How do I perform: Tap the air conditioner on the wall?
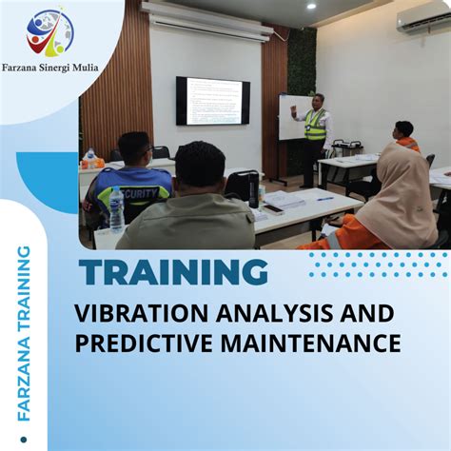click(x=423, y=22)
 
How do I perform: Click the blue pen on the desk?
click(x=324, y=198)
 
